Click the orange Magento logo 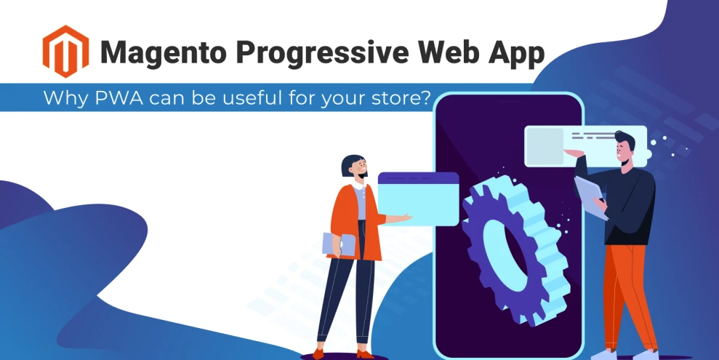coord(65,51)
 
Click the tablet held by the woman coord(338,244)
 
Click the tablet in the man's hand coord(591,196)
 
